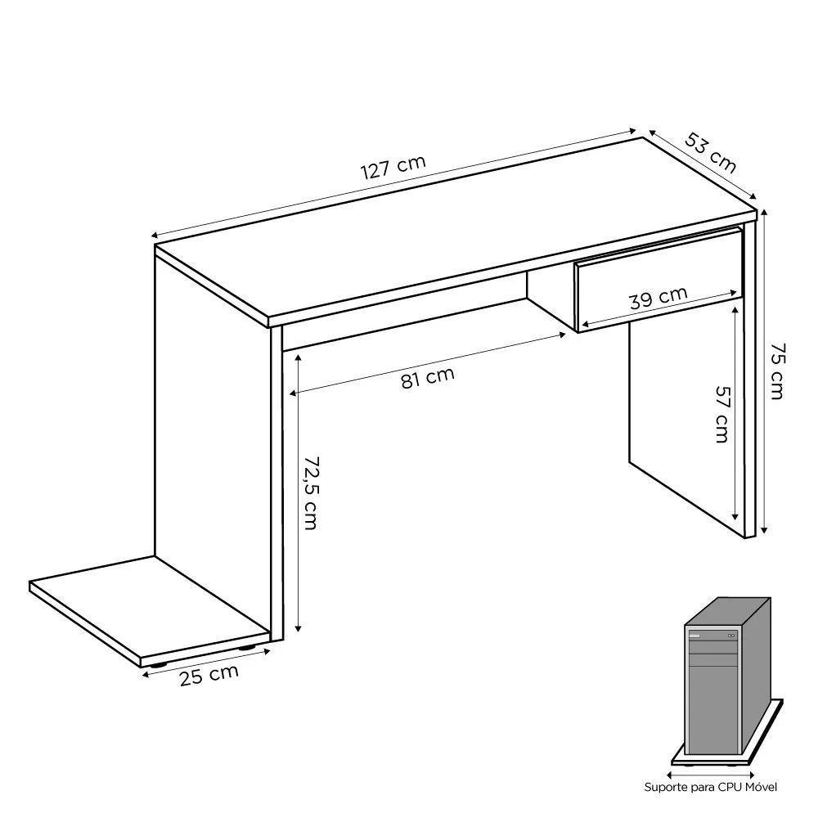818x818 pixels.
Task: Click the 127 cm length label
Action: [x=393, y=167]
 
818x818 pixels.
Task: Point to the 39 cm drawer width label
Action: [x=658, y=296]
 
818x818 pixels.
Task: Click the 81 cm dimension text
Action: [x=428, y=378]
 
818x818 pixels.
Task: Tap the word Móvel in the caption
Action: [x=757, y=787]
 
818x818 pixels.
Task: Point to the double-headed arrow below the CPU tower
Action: [x=710, y=771]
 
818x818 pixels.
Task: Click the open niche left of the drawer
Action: [x=548, y=299]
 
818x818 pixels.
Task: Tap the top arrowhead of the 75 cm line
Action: [x=765, y=213]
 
